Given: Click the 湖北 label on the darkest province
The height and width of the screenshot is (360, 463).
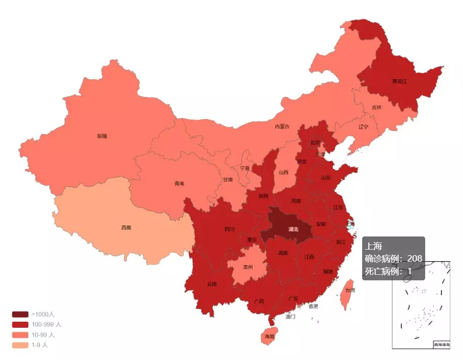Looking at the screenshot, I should (x=293, y=229).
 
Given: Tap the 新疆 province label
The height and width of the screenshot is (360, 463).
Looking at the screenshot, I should (x=102, y=136).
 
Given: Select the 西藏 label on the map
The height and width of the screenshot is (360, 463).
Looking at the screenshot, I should (x=126, y=228).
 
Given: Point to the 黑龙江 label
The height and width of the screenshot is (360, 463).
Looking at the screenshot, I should (x=399, y=81).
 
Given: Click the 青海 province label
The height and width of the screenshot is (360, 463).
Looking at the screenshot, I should (x=180, y=184).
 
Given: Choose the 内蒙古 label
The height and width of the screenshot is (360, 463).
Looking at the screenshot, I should (x=282, y=127).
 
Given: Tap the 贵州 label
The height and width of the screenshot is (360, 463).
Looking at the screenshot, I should (x=248, y=267).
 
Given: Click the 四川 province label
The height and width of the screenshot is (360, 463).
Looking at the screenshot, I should (x=229, y=229).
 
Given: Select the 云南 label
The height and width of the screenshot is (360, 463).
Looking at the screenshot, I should (x=212, y=284).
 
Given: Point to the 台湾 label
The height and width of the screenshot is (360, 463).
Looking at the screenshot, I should (x=350, y=290).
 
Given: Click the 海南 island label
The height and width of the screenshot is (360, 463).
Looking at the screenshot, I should (x=270, y=336).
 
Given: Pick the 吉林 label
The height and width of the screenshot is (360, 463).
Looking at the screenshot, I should (x=377, y=107).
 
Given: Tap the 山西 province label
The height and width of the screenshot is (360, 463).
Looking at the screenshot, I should (x=283, y=172).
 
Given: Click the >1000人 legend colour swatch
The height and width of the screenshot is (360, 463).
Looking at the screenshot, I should (x=20, y=314).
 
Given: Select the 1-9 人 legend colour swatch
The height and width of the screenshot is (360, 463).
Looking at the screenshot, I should (x=20, y=345).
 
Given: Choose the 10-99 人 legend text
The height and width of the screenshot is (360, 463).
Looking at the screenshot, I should (x=43, y=335).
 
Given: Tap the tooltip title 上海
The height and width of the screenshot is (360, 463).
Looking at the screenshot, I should (x=374, y=247).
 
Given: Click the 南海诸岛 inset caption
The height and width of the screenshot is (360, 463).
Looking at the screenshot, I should (x=441, y=345).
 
